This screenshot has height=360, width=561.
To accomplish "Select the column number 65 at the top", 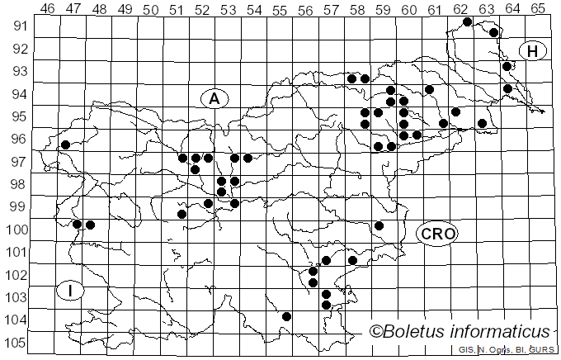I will (x=538, y=8).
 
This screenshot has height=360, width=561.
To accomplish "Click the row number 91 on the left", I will (x=19, y=26).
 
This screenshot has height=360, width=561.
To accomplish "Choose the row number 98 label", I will (x=19, y=183).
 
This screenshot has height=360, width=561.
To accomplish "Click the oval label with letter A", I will (x=214, y=99).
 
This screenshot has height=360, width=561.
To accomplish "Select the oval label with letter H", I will (x=533, y=51).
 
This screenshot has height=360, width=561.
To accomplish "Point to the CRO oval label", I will (x=437, y=234).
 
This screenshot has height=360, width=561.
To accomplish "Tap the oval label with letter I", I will (x=71, y=290).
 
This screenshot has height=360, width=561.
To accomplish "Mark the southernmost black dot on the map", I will (x=286, y=316).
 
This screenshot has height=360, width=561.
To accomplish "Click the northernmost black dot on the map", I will (x=467, y=21).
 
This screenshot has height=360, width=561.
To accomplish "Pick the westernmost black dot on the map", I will (x=65, y=144).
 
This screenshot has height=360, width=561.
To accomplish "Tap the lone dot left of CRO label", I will (x=379, y=225).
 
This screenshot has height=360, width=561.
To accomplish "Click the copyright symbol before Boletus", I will (x=376, y=332).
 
